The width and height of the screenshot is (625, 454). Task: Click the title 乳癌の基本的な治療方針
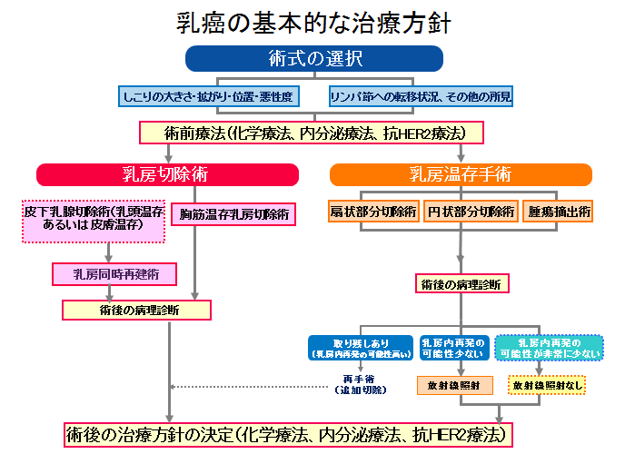(x=313, y=22)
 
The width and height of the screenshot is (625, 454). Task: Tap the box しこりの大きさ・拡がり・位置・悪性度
(x=210, y=95)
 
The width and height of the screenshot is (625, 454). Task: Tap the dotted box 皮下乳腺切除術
(x=94, y=221)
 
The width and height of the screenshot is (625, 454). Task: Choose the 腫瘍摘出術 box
(x=559, y=213)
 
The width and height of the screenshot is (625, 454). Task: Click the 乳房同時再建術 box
(x=113, y=274)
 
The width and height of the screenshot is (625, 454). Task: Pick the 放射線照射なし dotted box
(x=545, y=385)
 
